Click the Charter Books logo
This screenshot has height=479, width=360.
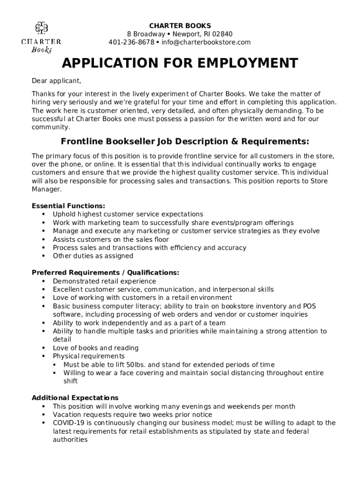point(41,37)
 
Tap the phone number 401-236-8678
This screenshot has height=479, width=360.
point(131,42)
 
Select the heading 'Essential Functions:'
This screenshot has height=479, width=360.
point(68,206)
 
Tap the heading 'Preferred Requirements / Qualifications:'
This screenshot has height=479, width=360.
point(105,273)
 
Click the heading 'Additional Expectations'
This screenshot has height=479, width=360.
point(75,398)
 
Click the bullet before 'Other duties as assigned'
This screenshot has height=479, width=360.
point(43,256)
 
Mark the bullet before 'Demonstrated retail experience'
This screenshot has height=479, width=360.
point(43,281)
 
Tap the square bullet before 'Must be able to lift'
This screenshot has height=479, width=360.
point(55,364)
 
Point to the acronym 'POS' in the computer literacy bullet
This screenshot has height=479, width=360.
point(309,306)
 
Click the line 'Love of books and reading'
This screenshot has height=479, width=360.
point(95,348)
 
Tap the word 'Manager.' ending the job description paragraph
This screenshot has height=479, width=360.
point(46,189)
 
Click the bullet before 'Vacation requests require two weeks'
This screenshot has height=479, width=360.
point(43,414)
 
